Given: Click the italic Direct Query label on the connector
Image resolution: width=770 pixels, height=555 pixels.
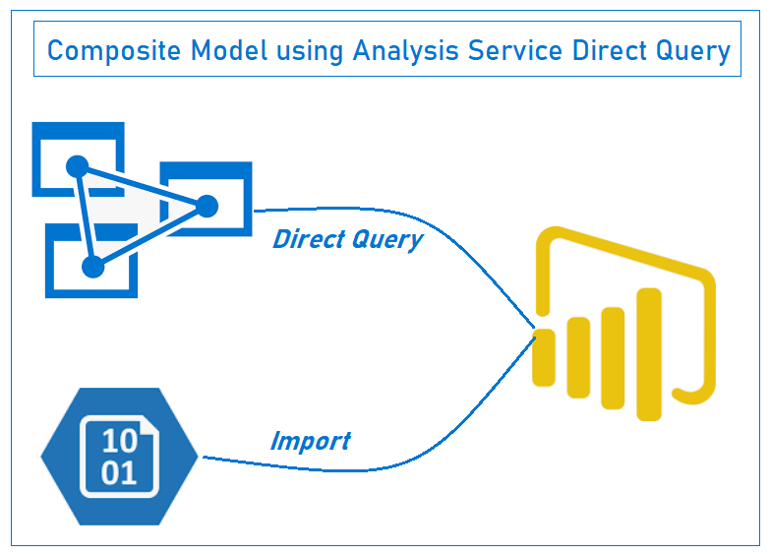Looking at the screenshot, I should tap(347, 239).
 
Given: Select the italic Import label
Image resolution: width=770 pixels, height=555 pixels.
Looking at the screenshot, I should tap(310, 441).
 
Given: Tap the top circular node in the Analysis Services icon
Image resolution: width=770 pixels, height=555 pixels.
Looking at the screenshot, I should tap(78, 165).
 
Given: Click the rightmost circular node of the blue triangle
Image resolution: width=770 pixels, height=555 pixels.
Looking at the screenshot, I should tap(207, 206).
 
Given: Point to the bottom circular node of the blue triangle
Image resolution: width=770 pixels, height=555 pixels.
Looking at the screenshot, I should tap(93, 266).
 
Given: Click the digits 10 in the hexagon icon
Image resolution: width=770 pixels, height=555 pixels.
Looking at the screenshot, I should tap(119, 442).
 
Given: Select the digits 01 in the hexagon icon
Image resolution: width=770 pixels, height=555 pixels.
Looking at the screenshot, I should tap(119, 473).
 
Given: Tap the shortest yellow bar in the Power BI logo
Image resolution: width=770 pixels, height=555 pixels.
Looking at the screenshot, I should tap(544, 356).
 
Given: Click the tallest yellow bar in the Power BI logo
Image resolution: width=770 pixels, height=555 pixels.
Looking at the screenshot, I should tap(649, 352).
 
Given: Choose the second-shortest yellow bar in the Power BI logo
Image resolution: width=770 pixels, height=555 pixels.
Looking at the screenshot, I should tap(578, 363).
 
